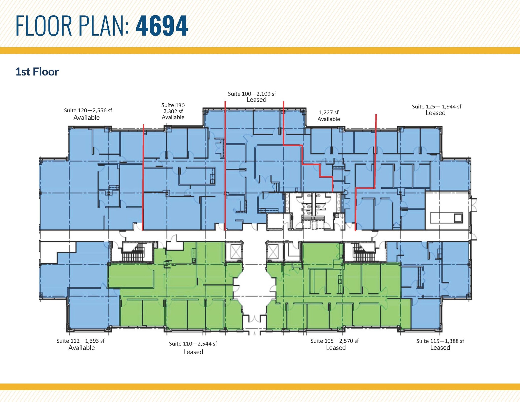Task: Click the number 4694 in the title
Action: coord(162,26)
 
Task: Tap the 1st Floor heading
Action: coord(37,72)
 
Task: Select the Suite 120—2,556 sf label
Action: coord(88,110)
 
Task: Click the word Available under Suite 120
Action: coord(86,118)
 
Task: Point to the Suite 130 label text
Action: coord(173,105)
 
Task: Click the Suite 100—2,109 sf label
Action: coord(252,94)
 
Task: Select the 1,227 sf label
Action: coord(329,112)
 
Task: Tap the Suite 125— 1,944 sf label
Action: coord(436,107)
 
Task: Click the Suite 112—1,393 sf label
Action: coord(80,341)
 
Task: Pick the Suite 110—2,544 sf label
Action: coord(193,344)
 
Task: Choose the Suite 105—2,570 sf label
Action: coord(334,341)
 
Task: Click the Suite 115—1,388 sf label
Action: coord(440,341)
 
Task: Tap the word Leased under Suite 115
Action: coord(440,348)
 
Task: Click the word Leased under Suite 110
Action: coord(193,352)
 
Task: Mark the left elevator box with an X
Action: coord(235,252)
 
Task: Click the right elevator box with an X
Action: coord(273,252)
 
